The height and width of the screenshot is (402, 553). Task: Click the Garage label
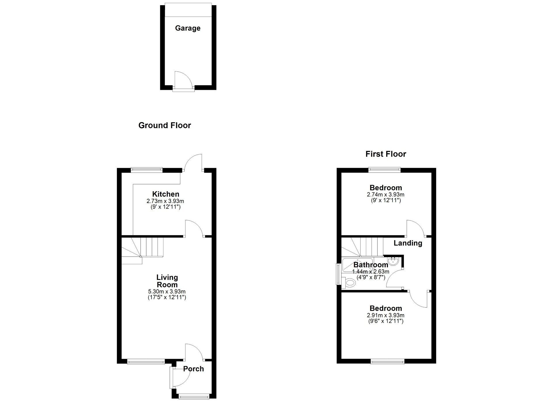tap(188, 28)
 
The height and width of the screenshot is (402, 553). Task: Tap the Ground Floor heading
tap(164, 125)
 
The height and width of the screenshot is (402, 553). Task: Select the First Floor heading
tap(385, 154)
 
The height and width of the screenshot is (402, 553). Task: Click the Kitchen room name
tap(166, 194)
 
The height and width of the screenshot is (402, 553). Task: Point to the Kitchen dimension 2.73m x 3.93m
tap(165, 201)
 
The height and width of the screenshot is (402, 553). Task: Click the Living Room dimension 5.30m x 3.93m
tap(167, 291)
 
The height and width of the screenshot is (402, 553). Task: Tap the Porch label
tap(193, 369)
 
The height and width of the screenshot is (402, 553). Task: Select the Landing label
tap(408, 243)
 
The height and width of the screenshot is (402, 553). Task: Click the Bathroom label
tap(371, 265)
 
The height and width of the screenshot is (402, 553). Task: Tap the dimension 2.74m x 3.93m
tap(385, 195)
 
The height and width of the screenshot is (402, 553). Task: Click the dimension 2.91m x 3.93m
tap(385, 315)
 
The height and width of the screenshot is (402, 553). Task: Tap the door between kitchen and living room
tap(194, 228)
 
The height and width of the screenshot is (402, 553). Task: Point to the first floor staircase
tap(362, 247)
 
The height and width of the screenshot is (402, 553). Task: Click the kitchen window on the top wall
tap(147, 170)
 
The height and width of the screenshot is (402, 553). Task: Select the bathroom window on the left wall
tap(338, 274)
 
